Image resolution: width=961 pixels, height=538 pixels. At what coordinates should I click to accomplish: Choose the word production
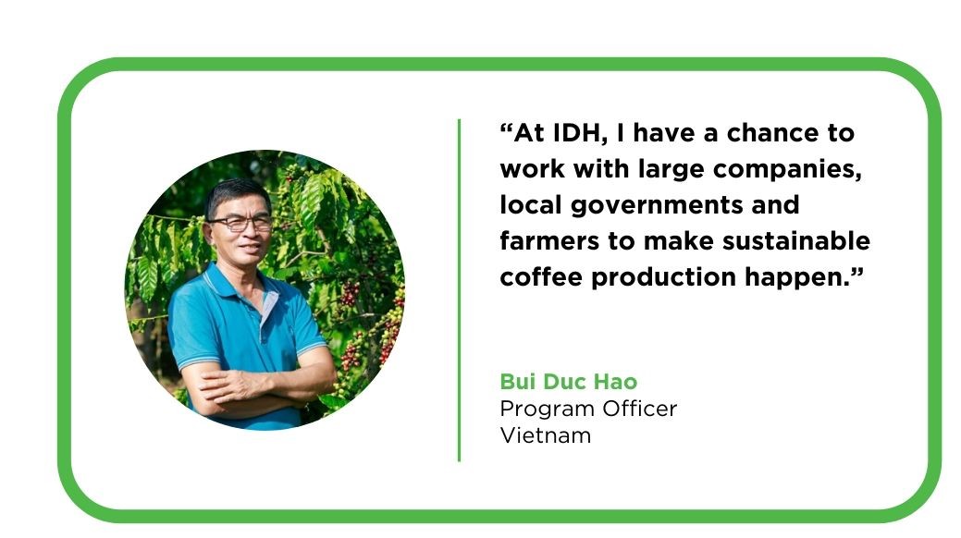click(x=663, y=278)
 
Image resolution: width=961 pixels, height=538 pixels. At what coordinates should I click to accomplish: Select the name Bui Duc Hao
click(x=569, y=382)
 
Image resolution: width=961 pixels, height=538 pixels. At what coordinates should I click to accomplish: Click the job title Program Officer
click(x=588, y=410)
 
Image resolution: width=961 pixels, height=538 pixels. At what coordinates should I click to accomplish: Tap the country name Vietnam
click(x=546, y=435)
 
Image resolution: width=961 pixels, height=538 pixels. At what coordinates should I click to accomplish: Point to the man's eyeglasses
click(x=241, y=224)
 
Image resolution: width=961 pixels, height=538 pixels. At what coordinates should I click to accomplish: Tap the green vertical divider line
click(x=459, y=290)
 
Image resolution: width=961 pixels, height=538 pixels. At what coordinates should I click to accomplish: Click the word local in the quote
click(x=530, y=205)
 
